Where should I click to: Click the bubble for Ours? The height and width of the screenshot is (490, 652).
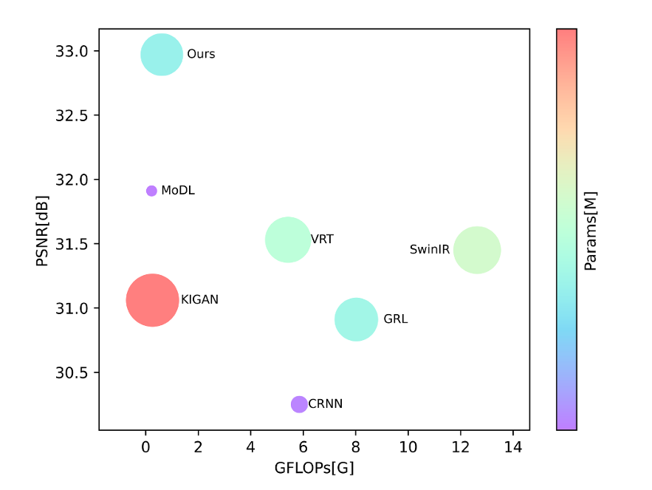(x=162, y=54)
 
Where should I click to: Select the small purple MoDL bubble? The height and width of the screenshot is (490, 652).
(x=151, y=191)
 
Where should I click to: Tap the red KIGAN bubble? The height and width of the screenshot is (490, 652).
(x=153, y=300)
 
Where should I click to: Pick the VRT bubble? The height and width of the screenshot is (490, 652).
(x=288, y=239)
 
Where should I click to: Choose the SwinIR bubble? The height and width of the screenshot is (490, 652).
(x=477, y=250)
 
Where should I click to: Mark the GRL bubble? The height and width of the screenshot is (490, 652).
(x=357, y=319)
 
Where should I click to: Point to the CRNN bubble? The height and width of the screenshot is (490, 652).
(x=299, y=404)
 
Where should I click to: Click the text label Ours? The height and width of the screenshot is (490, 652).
(x=201, y=55)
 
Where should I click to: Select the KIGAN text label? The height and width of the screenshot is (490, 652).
(x=199, y=300)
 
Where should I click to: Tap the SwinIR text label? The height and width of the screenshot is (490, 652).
(x=430, y=250)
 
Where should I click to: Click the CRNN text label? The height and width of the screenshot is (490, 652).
(x=326, y=404)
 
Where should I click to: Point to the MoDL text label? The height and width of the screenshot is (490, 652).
(x=178, y=191)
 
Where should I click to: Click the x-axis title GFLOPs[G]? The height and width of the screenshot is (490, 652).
(x=314, y=468)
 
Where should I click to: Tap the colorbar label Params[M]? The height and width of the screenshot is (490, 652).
(x=591, y=231)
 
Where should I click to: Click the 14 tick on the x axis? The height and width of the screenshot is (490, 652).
(x=513, y=446)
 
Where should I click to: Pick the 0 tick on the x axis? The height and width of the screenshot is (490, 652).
(x=146, y=446)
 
